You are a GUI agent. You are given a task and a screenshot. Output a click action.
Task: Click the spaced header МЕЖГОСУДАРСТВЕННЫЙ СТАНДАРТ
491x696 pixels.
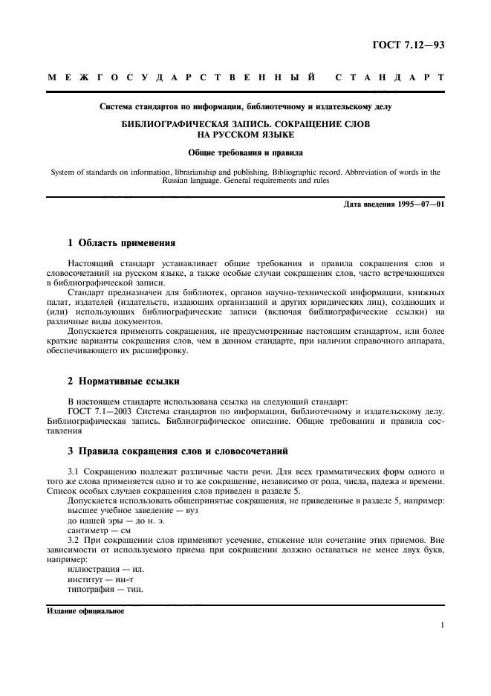(x=245, y=77)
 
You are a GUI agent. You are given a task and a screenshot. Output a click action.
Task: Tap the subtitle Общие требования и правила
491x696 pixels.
(x=245, y=152)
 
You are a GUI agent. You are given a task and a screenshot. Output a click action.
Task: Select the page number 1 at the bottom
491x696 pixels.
(x=443, y=625)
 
